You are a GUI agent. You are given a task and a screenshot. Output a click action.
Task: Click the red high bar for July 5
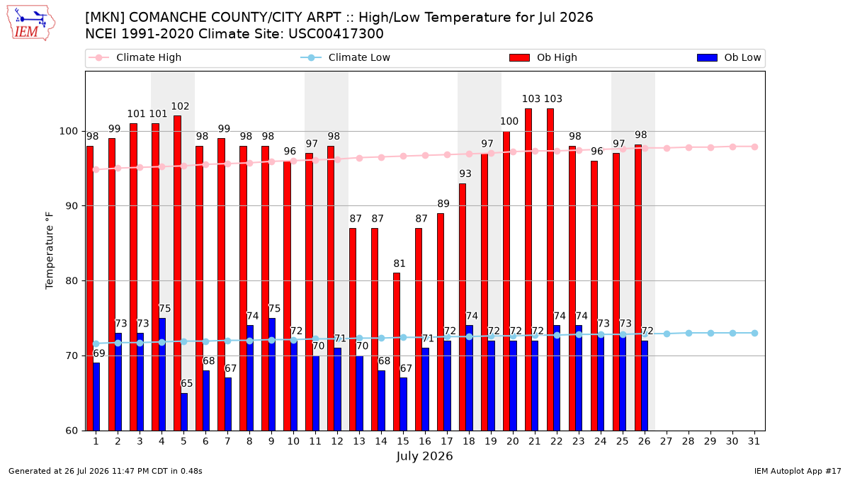177,273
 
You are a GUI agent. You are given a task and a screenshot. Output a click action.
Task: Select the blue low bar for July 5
184,412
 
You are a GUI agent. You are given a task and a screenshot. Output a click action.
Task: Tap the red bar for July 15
397,352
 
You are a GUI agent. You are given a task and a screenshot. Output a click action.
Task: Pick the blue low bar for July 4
162,375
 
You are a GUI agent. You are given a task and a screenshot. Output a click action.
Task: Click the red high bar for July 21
528,269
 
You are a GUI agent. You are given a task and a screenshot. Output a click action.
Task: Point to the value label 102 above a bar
180,106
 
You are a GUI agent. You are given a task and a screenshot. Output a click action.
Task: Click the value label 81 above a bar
399,263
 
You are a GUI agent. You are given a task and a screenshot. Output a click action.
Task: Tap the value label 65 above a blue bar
186,383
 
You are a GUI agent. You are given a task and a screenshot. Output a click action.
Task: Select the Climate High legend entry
135,57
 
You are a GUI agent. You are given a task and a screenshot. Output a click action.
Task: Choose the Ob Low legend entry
729,57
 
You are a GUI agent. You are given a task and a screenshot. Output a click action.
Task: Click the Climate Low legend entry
346,57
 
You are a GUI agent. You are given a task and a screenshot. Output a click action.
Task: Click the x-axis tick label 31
754,441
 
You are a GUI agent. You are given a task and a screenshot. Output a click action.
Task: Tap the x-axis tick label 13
359,441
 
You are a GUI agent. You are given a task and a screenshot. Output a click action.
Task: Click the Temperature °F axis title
50,251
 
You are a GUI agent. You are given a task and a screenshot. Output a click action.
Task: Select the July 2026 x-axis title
424,456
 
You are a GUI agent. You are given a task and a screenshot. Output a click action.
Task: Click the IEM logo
30,23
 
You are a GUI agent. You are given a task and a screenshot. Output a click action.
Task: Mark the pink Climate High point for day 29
710,147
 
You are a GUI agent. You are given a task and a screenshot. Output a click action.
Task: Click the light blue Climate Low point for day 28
688,333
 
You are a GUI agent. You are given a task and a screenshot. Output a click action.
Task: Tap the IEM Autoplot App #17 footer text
798,471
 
